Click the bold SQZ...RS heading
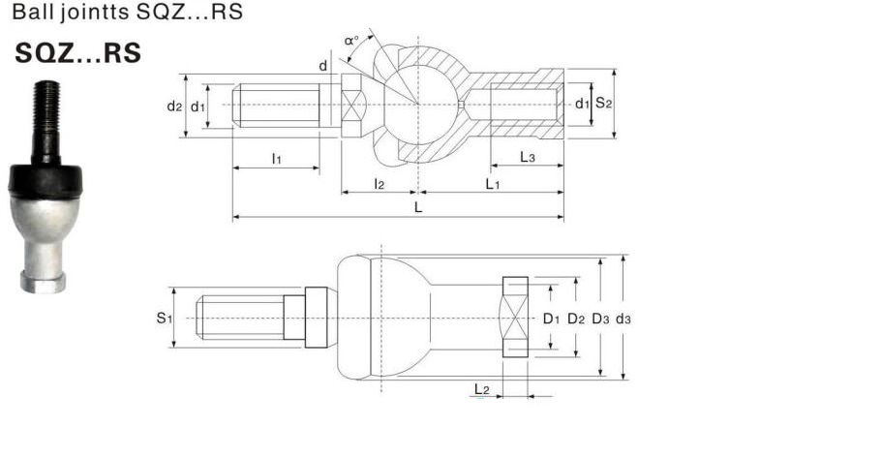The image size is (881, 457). tap(77, 53)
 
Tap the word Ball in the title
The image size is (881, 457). tap(31, 12)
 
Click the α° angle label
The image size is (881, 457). tap(351, 41)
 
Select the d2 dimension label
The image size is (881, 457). tap(174, 106)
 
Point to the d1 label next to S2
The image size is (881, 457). tap(582, 104)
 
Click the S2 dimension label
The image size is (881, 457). tap(603, 103)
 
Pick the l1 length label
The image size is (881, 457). tap(276, 159)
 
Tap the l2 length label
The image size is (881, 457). tap(380, 183)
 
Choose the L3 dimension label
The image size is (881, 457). tap(527, 157)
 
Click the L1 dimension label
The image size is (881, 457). tap(492, 183)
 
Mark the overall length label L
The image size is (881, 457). tap(418, 207)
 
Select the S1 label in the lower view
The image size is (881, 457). tap(164, 319)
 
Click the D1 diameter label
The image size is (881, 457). tap(551, 319)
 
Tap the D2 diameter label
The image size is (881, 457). tap(576, 319)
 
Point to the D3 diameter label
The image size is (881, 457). tap(600, 319)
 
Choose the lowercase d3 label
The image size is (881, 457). tap(623, 319)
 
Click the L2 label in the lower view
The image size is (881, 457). tap(481, 389)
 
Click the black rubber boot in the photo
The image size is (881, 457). tap(46, 180)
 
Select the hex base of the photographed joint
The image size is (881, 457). tap(44, 282)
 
